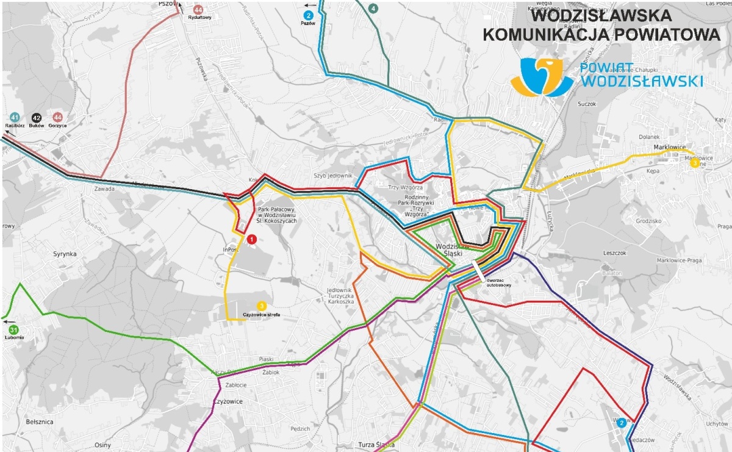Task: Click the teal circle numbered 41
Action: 14,117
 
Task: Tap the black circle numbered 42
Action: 36,117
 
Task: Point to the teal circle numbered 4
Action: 373,8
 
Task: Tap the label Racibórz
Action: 14,125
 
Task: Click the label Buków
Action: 37,125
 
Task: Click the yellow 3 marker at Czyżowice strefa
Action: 261,306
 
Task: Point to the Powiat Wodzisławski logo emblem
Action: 542,77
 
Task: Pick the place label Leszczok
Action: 614,253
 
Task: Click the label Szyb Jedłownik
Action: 333,176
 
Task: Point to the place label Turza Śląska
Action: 376,445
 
